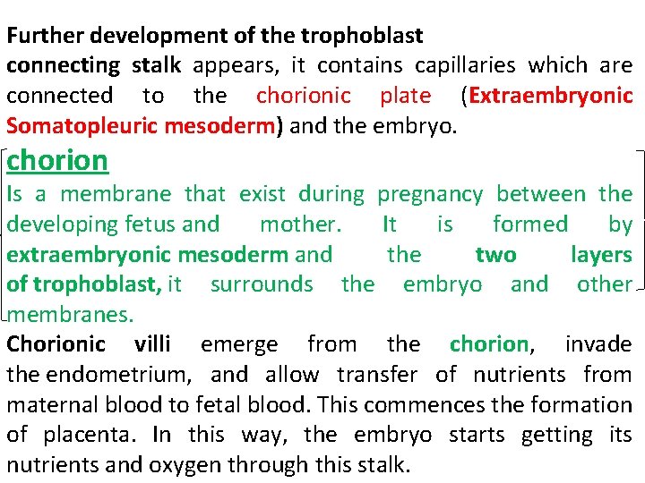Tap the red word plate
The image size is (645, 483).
coord(405,95)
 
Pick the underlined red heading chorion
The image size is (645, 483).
coord(57,160)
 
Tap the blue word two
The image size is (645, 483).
coord(495,255)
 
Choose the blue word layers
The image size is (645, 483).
coord(601,255)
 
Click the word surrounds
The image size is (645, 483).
coord(262,284)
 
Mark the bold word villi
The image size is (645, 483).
coord(157,344)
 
